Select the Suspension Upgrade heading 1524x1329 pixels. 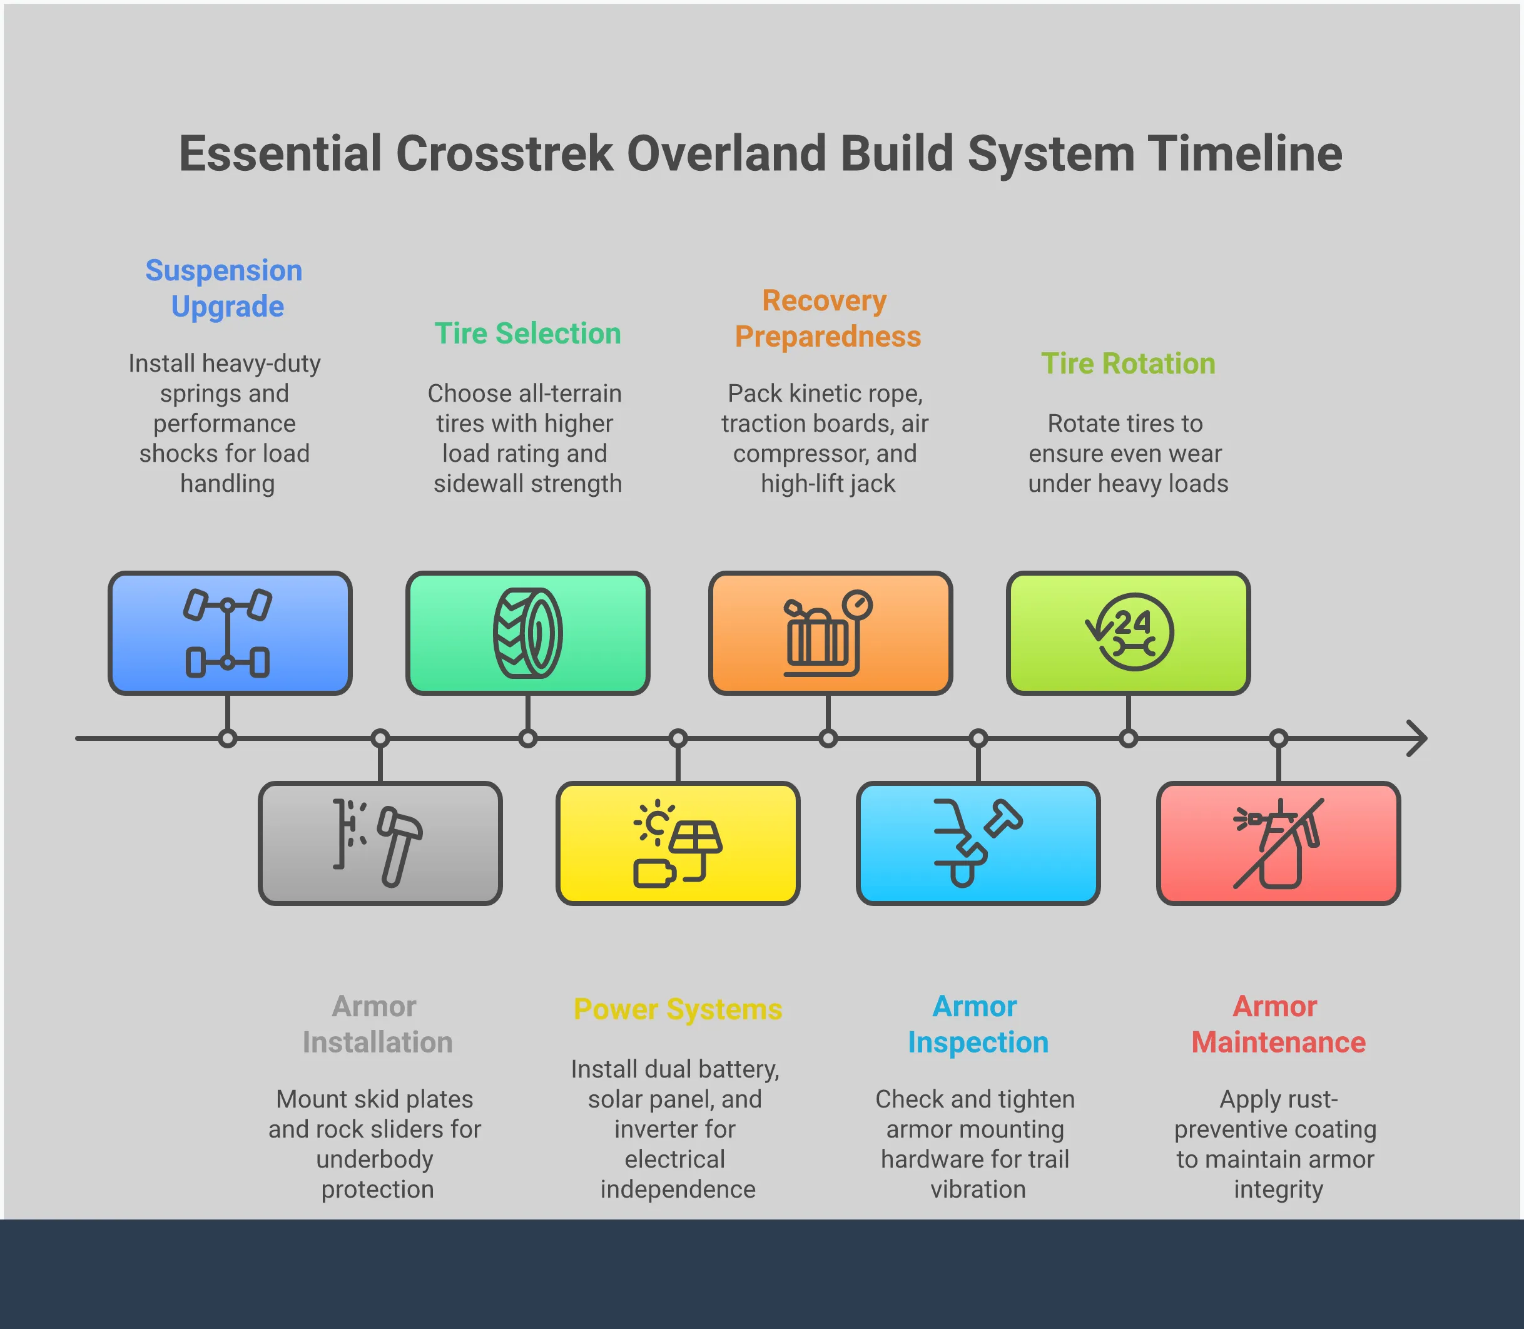[x=224, y=288]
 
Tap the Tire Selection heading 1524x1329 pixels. [x=527, y=334]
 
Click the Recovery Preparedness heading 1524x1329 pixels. [x=827, y=318]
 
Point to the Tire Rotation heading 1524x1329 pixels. [x=1127, y=364]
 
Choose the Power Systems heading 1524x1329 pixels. [x=677, y=1009]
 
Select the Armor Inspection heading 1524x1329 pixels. [x=977, y=1024]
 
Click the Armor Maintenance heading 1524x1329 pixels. [x=1278, y=1024]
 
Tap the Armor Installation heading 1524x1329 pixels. [x=377, y=1024]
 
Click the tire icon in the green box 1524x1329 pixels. [x=527, y=633]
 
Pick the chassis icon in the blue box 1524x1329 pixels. [x=228, y=633]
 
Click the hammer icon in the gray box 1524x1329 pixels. [x=399, y=845]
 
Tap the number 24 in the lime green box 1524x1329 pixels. [x=1132, y=621]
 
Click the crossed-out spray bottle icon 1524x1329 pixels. [x=1278, y=843]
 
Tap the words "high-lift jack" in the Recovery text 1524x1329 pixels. [x=827, y=484]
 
